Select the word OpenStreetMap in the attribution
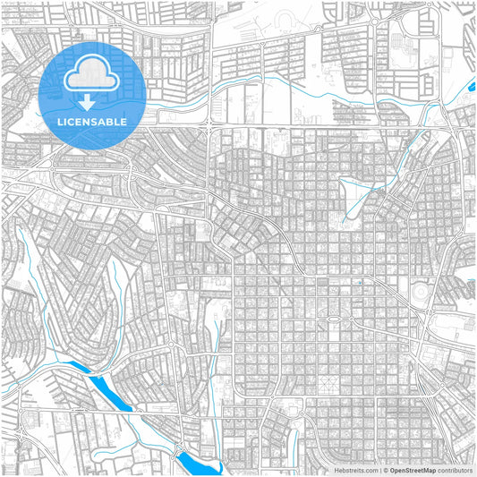(413, 469)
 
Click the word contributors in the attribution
(455, 469)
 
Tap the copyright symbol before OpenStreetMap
(385, 469)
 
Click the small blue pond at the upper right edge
(472, 88)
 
